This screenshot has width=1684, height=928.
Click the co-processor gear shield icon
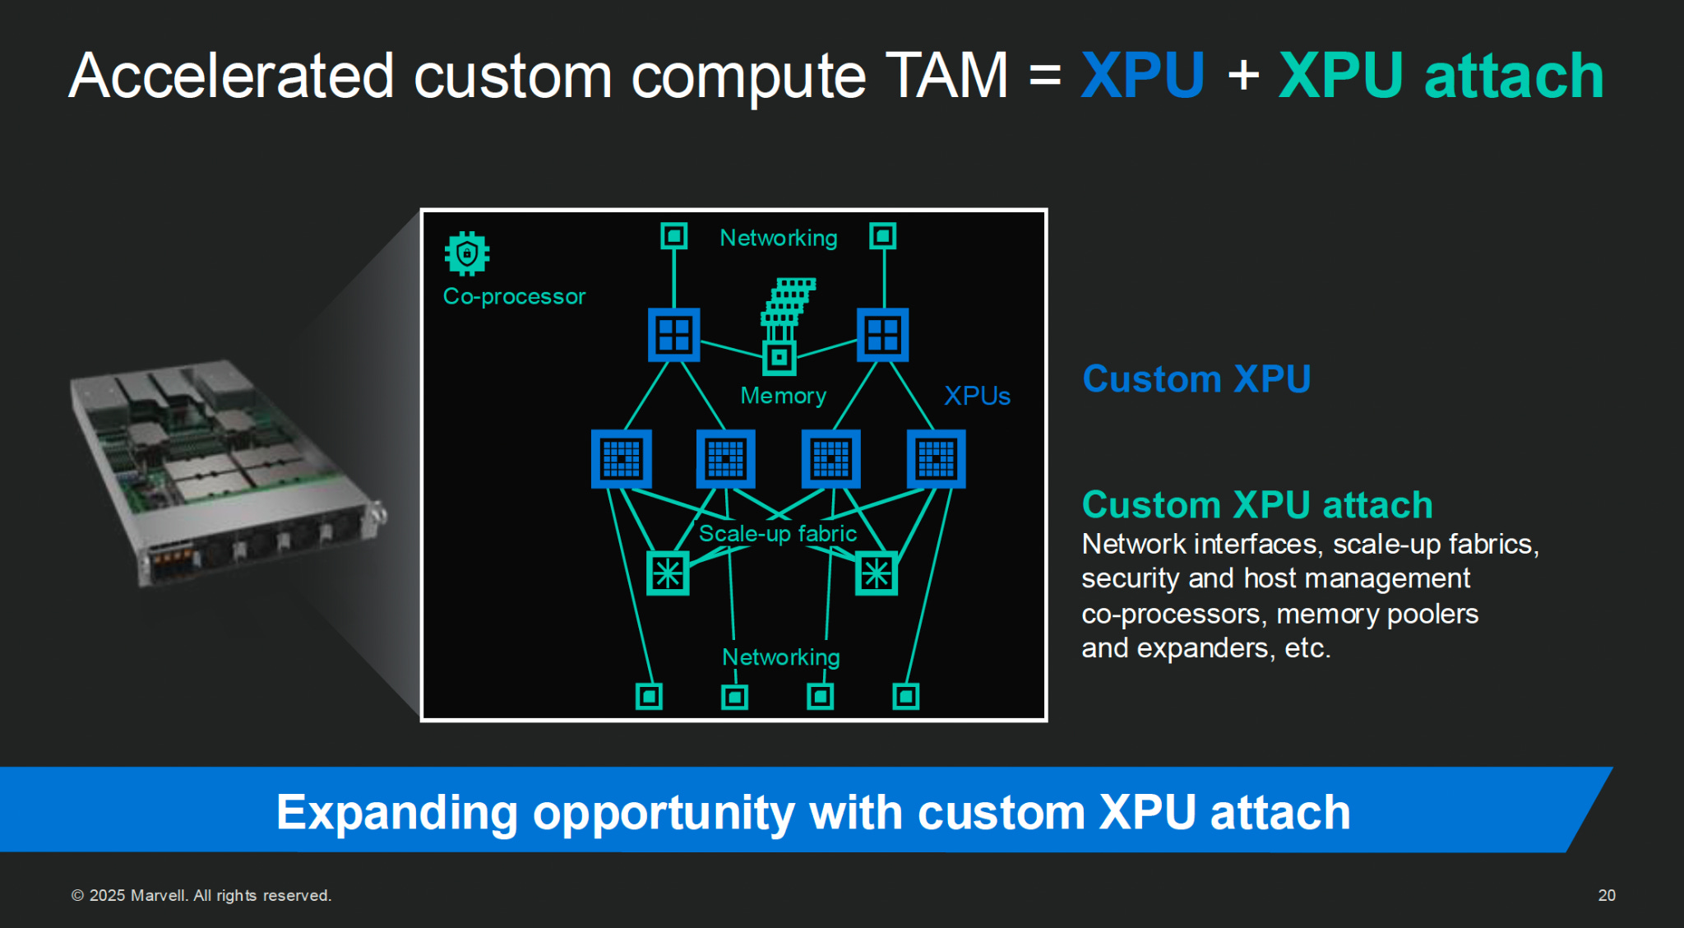(x=467, y=253)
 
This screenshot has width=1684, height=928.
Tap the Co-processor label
(x=514, y=296)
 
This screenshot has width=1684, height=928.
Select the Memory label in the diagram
(x=783, y=396)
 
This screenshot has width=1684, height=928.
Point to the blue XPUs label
(x=977, y=396)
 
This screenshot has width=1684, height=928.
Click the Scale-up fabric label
(x=777, y=534)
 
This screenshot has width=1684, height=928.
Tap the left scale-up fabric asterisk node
(x=668, y=573)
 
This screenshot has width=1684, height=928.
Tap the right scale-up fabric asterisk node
(x=876, y=573)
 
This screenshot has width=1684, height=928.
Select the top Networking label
(x=778, y=238)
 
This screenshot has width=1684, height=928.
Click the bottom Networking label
(x=780, y=657)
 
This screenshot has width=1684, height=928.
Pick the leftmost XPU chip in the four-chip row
(x=622, y=458)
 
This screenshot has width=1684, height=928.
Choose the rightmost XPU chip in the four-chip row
(x=936, y=458)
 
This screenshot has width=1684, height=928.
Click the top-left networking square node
(x=674, y=237)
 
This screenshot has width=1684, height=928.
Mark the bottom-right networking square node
(x=905, y=697)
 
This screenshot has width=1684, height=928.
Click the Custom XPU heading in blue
(x=1196, y=379)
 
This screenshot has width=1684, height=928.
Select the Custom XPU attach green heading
(x=1257, y=505)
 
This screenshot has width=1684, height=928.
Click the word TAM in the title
(x=946, y=76)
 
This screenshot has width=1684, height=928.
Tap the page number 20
(x=1607, y=895)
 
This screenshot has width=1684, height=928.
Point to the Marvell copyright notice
(x=201, y=895)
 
